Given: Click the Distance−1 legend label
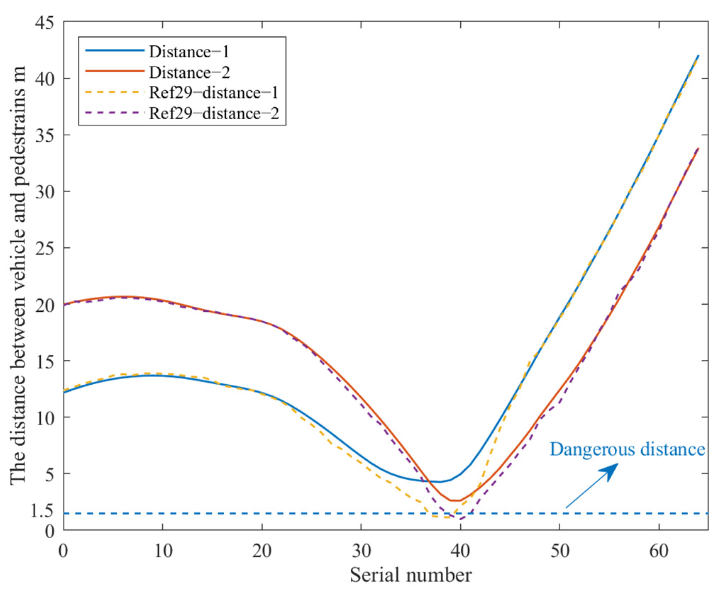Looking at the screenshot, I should pyautogui.click(x=189, y=52).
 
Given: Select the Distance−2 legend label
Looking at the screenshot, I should pyautogui.click(x=189, y=72).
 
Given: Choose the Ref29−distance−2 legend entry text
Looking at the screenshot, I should pyautogui.click(x=214, y=113).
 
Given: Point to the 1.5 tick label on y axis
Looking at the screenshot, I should pyautogui.click(x=42, y=511).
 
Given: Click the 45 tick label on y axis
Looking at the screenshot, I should pyautogui.click(x=45, y=23).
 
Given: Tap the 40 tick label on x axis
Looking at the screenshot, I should pyautogui.click(x=460, y=551).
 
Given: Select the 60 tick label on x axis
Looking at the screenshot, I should pyautogui.click(x=659, y=551).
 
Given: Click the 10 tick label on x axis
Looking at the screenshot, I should pyautogui.click(x=163, y=551).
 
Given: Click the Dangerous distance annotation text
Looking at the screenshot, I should pyautogui.click(x=627, y=449).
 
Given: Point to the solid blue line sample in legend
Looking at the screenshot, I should pyautogui.click(x=115, y=50).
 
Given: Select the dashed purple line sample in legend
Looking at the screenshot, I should pyautogui.click(x=115, y=113).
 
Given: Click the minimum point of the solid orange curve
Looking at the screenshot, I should pyautogui.click(x=456, y=501).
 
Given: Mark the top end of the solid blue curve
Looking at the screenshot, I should pyautogui.click(x=698, y=56).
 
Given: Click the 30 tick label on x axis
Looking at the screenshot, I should pyautogui.click(x=361, y=551).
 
